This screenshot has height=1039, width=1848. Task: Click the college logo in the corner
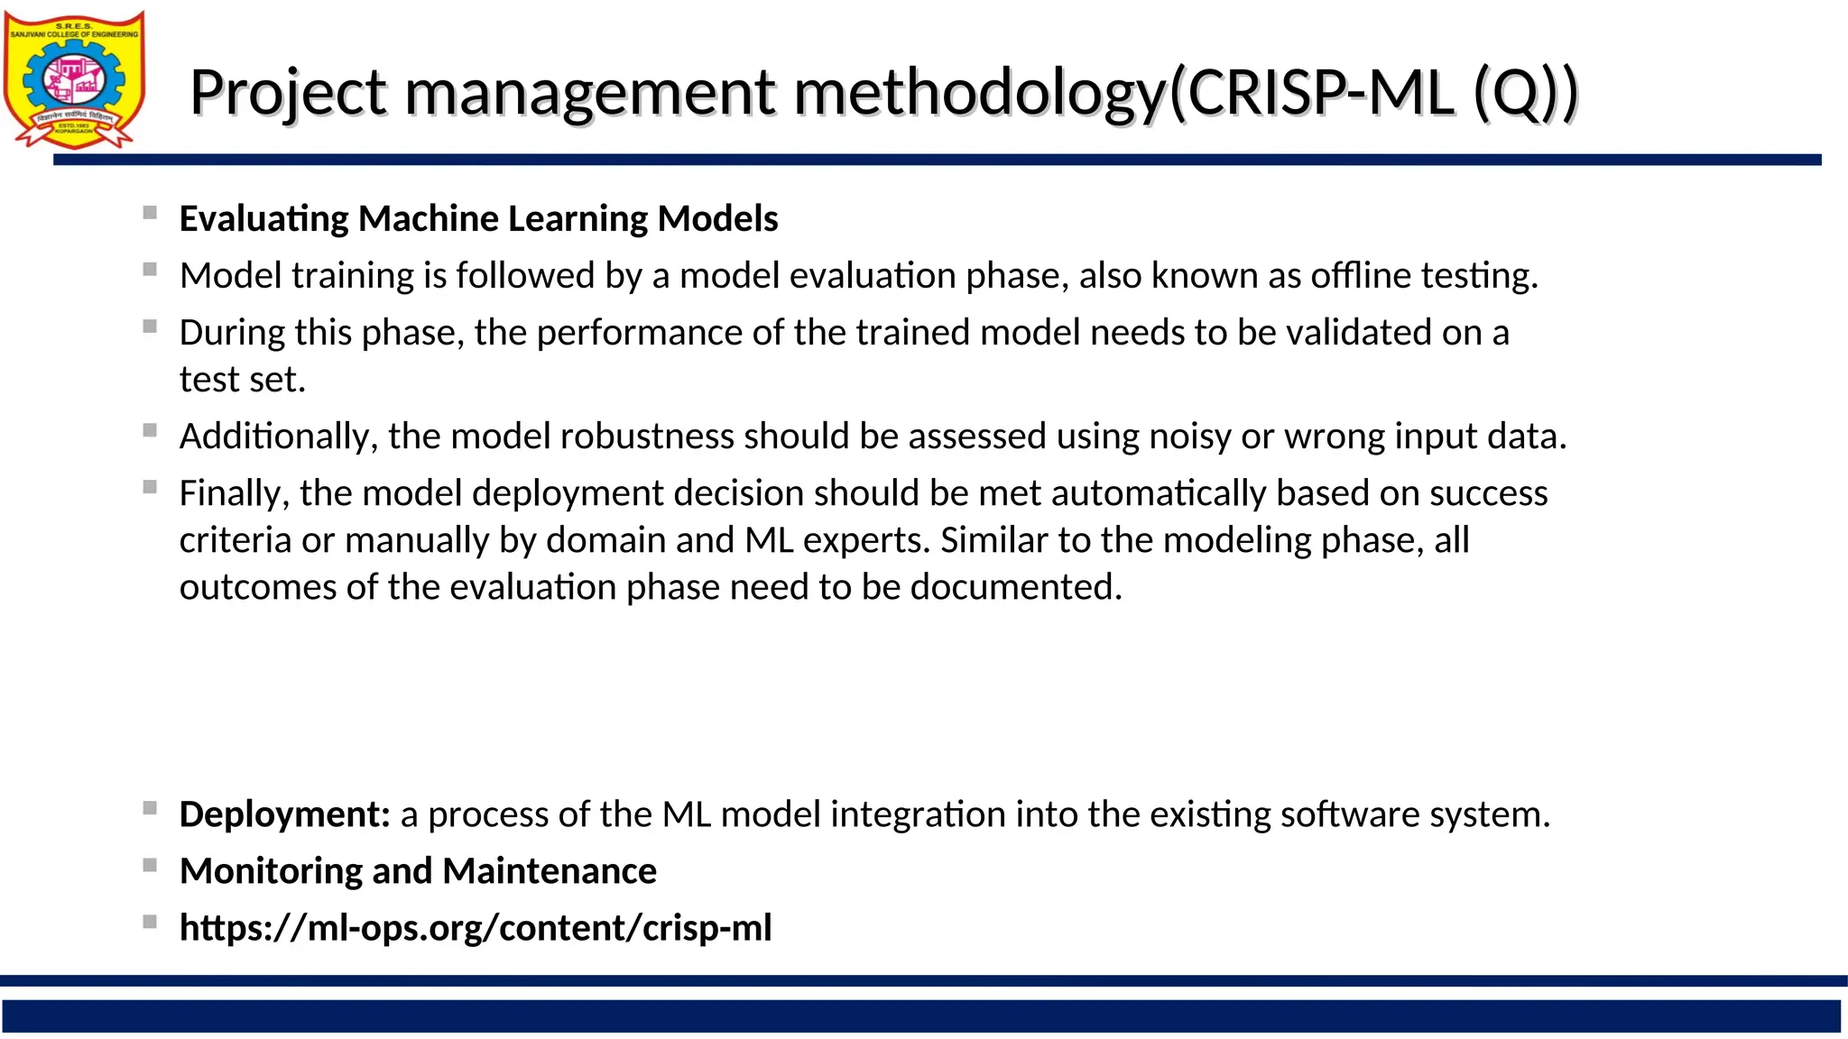[74, 79]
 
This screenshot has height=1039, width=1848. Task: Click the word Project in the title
[288, 93]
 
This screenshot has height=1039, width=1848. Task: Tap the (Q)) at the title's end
[1526, 93]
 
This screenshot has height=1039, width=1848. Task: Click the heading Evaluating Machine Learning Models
[478, 219]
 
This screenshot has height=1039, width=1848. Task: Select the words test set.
[242, 380]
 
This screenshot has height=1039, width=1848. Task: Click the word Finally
[234, 493]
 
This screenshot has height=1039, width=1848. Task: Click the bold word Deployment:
[284, 814]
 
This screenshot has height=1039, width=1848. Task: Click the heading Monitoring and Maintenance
[418, 871]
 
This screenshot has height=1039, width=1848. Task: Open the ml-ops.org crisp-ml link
[476, 928]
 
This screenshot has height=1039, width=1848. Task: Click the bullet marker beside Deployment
[150, 808]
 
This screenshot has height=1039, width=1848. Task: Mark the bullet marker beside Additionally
[150, 430]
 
